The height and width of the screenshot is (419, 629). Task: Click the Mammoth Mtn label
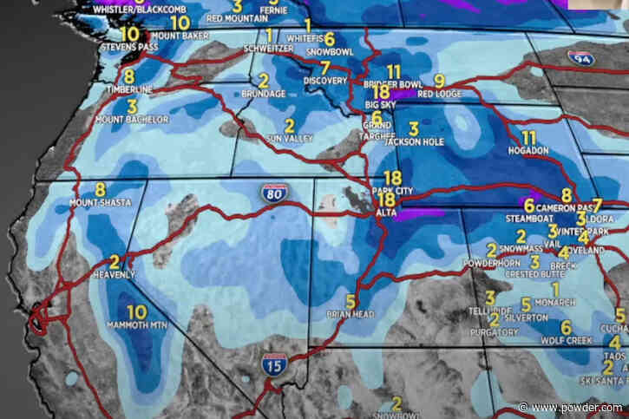136,326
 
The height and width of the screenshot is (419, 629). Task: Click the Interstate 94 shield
580,58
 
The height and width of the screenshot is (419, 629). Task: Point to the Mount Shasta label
100,204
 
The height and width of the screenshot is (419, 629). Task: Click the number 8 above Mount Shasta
100,190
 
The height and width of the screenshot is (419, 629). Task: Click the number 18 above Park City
392,178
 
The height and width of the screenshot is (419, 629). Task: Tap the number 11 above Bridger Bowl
394,71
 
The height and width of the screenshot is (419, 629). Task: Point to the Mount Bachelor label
131,119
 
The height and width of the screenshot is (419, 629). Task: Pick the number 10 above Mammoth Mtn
136,311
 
